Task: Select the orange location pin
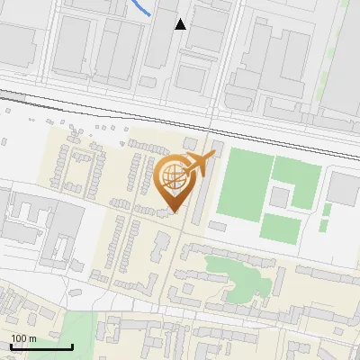174,184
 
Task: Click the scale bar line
41,346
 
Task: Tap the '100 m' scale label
24,337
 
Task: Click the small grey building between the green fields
280,196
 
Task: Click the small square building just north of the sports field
218,146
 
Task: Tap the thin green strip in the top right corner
338,36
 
